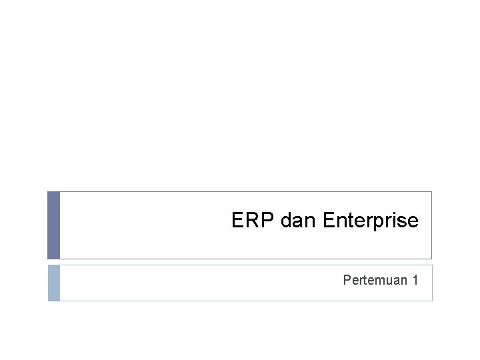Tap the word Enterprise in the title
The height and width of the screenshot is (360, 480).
(x=370, y=221)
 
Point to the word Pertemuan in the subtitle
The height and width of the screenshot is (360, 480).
(x=375, y=280)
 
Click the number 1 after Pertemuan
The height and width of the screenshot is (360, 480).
(x=415, y=280)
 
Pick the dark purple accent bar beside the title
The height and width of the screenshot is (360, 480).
(x=53, y=225)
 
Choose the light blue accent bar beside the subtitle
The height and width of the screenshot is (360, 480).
(x=53, y=283)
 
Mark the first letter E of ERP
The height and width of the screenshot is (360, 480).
(x=238, y=220)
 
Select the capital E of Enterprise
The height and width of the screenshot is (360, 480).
(x=329, y=220)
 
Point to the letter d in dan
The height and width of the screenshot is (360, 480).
(x=287, y=220)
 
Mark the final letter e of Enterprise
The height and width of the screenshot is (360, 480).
(x=413, y=221)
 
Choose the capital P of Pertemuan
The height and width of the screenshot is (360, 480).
(x=347, y=280)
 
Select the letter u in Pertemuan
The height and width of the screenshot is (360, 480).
(x=387, y=281)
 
